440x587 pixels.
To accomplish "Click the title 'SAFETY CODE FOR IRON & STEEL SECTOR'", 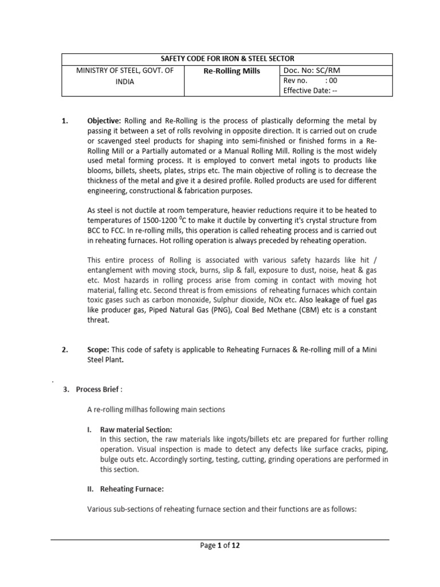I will coord(227,59).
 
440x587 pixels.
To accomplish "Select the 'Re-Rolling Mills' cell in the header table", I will coord(231,71).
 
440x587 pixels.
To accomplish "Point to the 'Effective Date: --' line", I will coord(311,91).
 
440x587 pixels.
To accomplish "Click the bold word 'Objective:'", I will coord(104,122).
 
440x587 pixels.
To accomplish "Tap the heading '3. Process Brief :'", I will coord(92,390).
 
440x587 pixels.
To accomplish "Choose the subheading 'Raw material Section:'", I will coord(136,429).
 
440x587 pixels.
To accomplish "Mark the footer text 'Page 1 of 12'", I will coord(220,546).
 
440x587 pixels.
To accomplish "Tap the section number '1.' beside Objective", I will coord(65,122).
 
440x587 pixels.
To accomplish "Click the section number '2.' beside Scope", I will coord(65,350).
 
